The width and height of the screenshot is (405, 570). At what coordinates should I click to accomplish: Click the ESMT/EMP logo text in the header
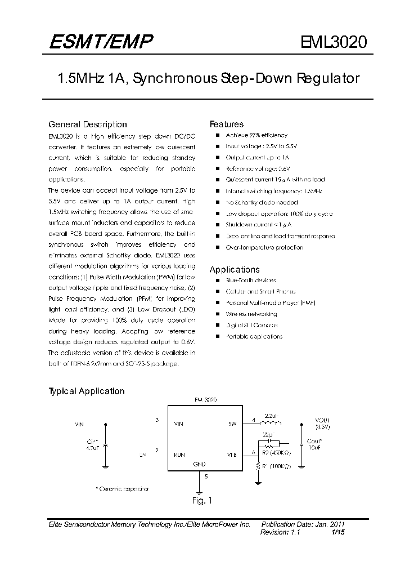pyautogui.click(x=100, y=42)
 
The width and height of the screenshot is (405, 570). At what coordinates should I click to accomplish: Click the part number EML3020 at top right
pyautogui.click(x=334, y=43)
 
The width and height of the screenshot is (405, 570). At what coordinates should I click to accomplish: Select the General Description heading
pyautogui.click(x=88, y=124)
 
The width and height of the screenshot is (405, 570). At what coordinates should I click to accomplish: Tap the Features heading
pyautogui.click(x=227, y=124)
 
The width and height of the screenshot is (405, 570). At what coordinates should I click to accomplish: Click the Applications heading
pyautogui.click(x=235, y=270)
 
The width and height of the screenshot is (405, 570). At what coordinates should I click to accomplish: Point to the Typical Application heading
pyautogui.click(x=87, y=391)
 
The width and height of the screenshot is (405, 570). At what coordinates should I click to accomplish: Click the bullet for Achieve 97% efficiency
pyautogui.click(x=216, y=135)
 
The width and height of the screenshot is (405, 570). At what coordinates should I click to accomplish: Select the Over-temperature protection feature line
pyautogui.click(x=264, y=247)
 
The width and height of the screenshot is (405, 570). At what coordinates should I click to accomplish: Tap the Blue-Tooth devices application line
pyautogui.click(x=250, y=280)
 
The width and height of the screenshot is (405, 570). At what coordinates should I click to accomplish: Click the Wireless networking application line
pyautogui.click(x=251, y=314)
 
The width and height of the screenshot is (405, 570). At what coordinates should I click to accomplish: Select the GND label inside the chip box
pyautogui.click(x=199, y=464)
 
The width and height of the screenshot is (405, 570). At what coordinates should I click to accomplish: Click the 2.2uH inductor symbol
pyautogui.click(x=272, y=424)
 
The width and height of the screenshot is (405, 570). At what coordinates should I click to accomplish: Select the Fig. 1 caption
pyautogui.click(x=201, y=500)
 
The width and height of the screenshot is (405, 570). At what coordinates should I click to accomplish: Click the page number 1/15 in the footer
pyautogui.click(x=337, y=532)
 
